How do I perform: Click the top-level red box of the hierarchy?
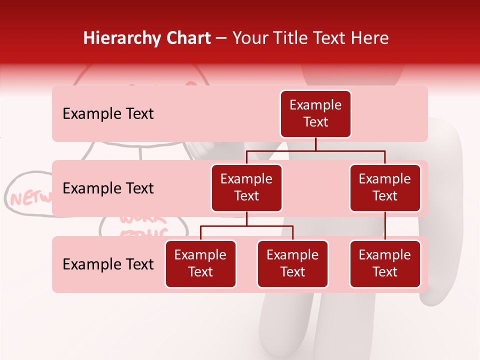point(315,114)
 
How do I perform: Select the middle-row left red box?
point(246,188)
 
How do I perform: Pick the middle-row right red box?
point(385,188)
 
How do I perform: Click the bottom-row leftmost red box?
point(200,264)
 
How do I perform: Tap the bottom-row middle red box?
point(292,264)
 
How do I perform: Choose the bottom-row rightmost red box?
point(385,264)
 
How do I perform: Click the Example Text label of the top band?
point(108,114)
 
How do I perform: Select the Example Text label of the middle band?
point(108,188)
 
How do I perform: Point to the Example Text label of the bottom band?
point(108,264)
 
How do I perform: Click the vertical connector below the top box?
point(315,144)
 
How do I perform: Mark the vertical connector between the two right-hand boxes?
point(385,226)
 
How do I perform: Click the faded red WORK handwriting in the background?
point(143,219)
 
